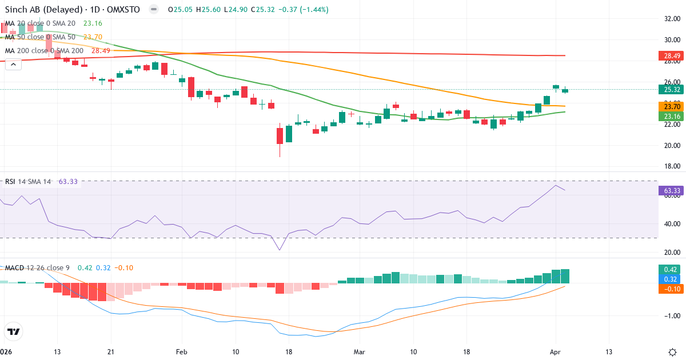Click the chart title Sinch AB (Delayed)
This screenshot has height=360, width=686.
(x=43, y=10)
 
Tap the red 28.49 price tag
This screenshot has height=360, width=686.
(x=672, y=56)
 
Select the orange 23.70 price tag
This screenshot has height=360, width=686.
(x=672, y=106)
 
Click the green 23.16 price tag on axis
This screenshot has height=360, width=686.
(x=672, y=116)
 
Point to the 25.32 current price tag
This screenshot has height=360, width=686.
(x=672, y=89)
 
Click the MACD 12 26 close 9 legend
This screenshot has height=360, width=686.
(x=37, y=267)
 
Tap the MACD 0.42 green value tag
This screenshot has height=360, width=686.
(x=672, y=269)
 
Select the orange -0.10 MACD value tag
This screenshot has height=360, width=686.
(x=672, y=289)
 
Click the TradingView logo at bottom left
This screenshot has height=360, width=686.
(x=14, y=331)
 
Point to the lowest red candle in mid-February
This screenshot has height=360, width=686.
(x=280, y=136)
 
